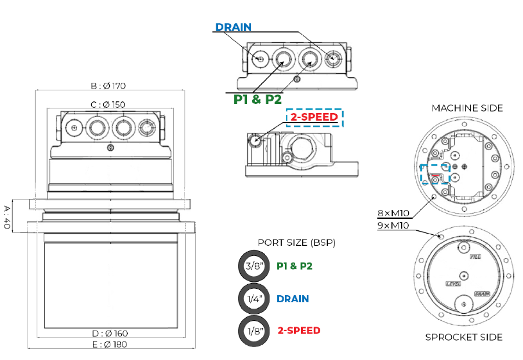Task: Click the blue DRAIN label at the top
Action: tap(233, 27)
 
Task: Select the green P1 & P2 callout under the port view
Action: tap(257, 99)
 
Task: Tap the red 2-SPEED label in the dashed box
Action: tap(314, 117)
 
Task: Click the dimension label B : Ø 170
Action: tap(108, 85)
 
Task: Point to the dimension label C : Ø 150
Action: tap(108, 105)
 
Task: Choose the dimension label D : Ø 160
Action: tap(110, 333)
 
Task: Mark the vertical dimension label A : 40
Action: tap(8, 219)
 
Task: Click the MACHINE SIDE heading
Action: tap(467, 108)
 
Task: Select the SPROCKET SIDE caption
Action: tap(464, 337)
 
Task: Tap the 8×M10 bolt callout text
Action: tap(393, 212)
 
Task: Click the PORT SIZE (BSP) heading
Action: tap(296, 243)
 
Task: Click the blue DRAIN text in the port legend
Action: tap(293, 299)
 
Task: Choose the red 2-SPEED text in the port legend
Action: tap(298, 330)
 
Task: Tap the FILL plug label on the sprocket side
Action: tap(476, 256)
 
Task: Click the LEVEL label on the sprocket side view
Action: tap(453, 283)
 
